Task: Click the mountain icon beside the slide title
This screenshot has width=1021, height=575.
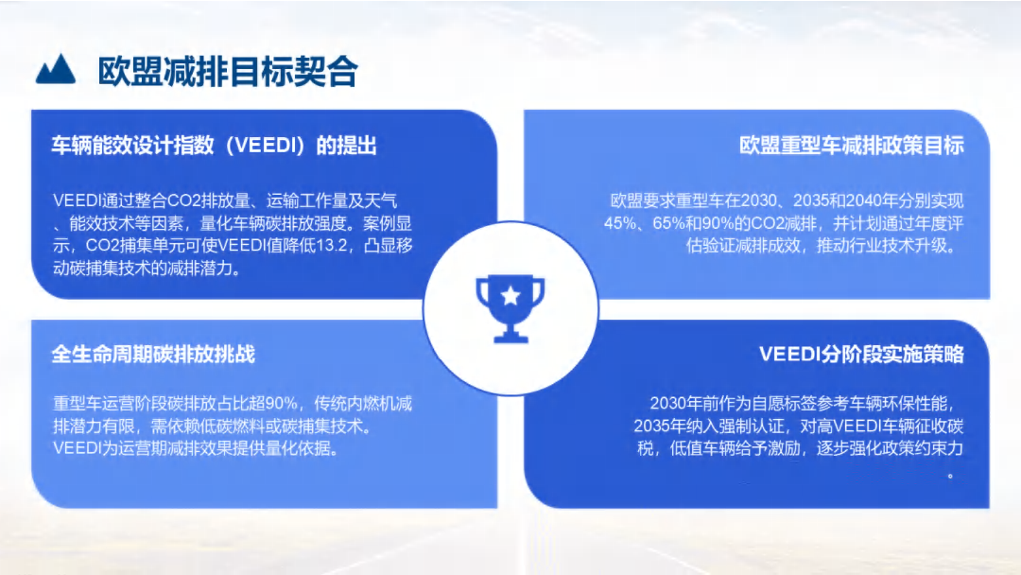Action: (x=56, y=69)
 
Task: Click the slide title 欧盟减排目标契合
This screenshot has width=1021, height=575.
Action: (x=228, y=71)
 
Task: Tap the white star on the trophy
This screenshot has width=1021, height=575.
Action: (x=510, y=296)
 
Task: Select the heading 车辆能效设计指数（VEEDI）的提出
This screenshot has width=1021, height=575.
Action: (x=215, y=146)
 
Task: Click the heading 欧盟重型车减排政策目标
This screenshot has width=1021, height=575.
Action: (x=851, y=146)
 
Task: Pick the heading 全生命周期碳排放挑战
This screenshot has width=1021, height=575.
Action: (x=153, y=355)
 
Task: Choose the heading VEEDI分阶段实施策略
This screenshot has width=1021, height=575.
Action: (x=861, y=355)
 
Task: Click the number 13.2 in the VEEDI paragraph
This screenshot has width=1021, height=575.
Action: (x=332, y=246)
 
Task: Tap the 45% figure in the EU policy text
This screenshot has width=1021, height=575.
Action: (x=620, y=223)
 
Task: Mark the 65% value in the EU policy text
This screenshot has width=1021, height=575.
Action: (x=669, y=223)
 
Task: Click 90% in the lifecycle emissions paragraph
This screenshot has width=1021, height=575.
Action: (x=282, y=404)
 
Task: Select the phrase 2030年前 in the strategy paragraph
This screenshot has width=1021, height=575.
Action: (x=684, y=404)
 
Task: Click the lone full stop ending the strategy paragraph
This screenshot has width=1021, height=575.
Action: (x=951, y=476)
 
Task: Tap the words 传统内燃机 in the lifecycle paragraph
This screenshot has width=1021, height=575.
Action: (x=355, y=404)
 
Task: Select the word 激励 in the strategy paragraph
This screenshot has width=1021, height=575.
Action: (x=784, y=448)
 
